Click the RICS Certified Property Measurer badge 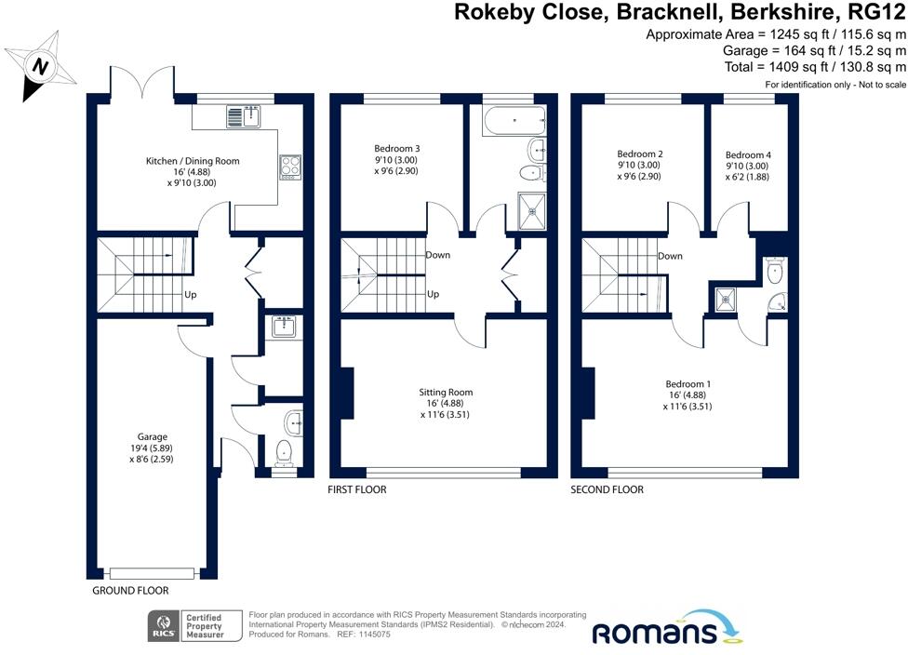pos(194,626)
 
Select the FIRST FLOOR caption pos(357,489)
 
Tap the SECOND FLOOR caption pos(607,489)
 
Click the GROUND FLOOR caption pos(130,591)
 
